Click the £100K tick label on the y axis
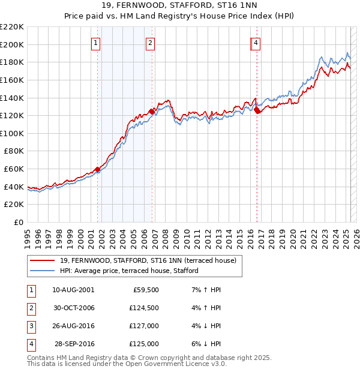12,133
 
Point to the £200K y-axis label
12,44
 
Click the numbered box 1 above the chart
96,43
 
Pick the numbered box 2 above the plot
149,43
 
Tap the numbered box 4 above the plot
256,43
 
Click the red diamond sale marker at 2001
97,169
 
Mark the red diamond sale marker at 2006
152,111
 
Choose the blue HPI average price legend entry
128,271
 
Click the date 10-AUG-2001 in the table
73,290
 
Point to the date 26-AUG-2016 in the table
73,326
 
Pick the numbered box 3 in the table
31,326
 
